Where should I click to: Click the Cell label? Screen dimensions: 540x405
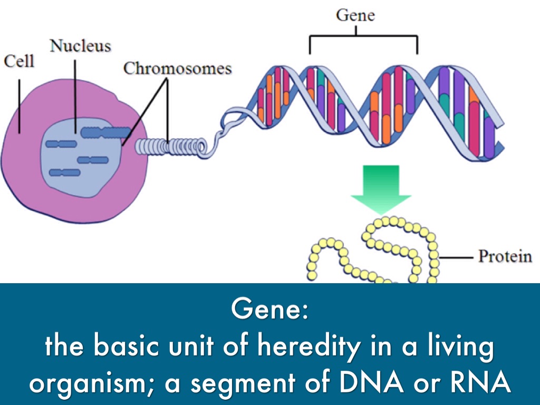click(19, 61)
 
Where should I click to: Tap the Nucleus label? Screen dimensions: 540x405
click(80, 46)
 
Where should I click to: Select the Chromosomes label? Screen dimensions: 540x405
click(177, 68)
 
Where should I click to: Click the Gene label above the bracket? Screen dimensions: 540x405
click(355, 15)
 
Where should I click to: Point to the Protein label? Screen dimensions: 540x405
click(505, 257)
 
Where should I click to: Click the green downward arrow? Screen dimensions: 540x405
click(381, 189)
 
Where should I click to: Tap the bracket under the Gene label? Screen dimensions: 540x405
click(363, 36)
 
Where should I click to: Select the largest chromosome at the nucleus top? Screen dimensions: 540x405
click(105, 132)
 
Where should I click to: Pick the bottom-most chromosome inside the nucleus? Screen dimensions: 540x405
click(65, 172)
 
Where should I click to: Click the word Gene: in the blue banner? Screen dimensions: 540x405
click(269, 309)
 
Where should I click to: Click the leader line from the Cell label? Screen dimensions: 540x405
click(20, 106)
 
